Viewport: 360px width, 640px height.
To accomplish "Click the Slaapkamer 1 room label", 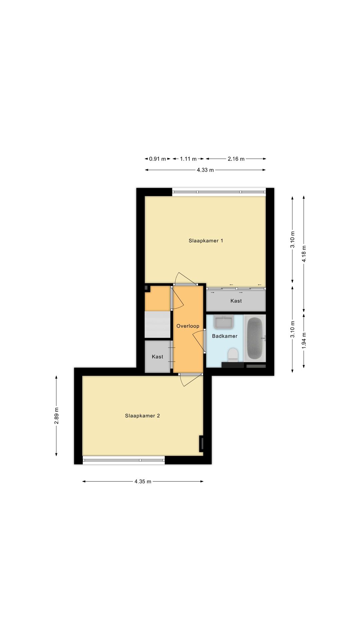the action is tap(206, 241).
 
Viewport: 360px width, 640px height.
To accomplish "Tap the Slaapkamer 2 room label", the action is tap(142, 416).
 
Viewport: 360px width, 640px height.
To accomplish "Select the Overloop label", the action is tap(188, 326).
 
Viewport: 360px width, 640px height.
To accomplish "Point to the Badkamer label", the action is tap(225, 336).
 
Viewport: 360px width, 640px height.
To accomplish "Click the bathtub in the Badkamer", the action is tap(255, 338).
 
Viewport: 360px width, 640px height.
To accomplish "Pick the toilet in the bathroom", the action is tap(233, 355).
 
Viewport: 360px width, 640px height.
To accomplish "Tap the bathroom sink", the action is tap(223, 322).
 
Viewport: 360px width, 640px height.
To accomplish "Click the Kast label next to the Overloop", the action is tap(157, 357).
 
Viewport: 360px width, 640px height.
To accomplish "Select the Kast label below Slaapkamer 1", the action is tap(236, 301).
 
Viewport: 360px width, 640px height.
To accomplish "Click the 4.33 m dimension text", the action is tap(205, 170).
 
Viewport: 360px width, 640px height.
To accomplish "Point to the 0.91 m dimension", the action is tap(157, 159).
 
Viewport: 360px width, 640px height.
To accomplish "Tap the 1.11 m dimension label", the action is tap(188, 159).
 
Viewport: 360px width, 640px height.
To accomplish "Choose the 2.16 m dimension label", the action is tap(236, 159).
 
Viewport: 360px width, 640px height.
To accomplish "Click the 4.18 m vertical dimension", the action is tap(304, 254).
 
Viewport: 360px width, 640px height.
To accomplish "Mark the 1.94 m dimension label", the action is tap(304, 341).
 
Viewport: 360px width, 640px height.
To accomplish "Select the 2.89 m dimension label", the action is tap(56, 416).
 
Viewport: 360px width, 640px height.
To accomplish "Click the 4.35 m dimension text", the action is tap(143, 481).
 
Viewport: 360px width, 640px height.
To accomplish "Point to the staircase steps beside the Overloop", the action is tap(157, 324).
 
